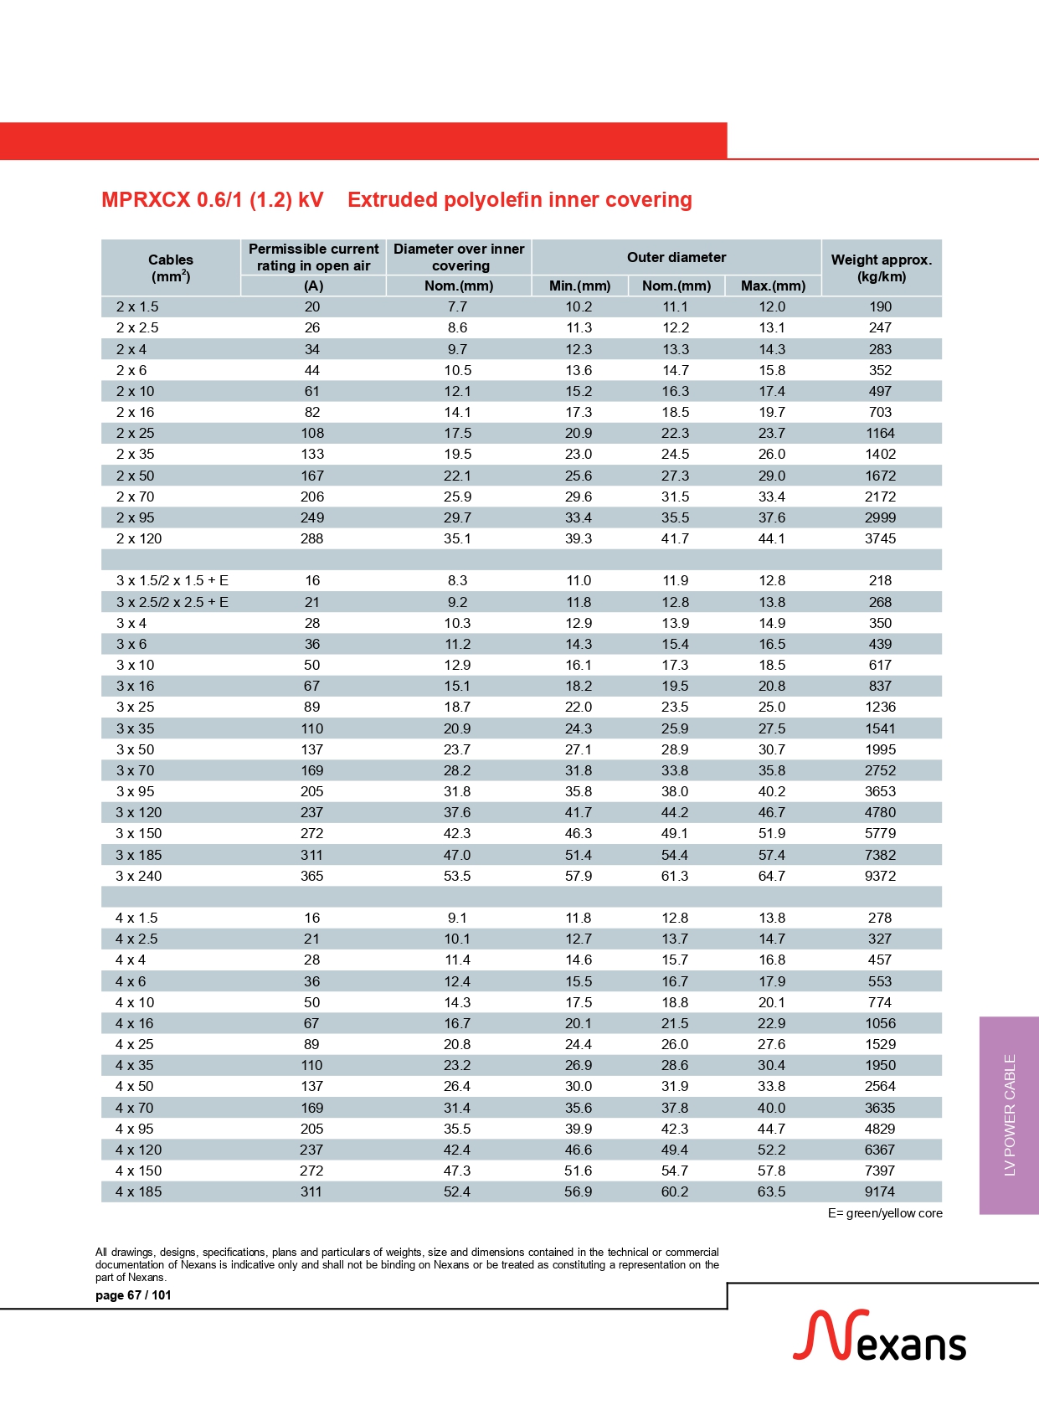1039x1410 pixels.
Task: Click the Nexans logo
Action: (879, 1336)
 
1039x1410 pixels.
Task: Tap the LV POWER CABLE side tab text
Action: (1010, 1114)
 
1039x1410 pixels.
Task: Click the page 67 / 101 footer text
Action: (133, 1295)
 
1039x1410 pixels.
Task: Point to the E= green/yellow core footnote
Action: (885, 1213)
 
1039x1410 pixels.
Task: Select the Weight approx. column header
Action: (881, 268)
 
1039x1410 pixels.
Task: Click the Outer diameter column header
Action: (676, 257)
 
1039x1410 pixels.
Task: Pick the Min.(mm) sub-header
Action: (579, 286)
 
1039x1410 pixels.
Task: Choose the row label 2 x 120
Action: (139, 538)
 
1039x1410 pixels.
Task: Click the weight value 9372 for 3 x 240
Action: (880, 876)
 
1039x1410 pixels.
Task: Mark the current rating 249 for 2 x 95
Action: (312, 517)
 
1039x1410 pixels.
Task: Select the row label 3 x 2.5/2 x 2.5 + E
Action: (172, 602)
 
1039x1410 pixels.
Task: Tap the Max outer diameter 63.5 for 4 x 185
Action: (771, 1191)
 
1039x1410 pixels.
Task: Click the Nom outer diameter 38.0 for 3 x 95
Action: (675, 791)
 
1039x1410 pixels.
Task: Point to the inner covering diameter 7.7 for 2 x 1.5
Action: (457, 306)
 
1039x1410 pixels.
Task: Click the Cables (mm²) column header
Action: (171, 268)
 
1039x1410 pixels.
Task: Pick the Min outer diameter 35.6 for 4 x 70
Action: (579, 1108)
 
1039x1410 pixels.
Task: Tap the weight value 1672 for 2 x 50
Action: (880, 476)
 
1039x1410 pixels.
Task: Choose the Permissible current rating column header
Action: (313, 257)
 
